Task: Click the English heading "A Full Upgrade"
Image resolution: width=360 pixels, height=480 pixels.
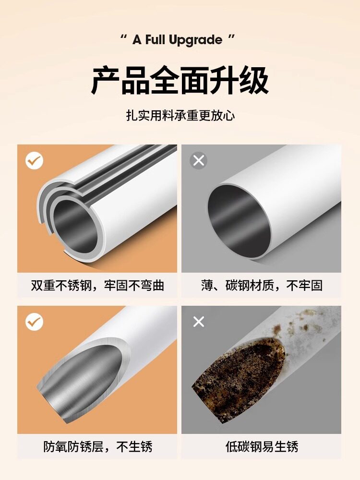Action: tap(177, 40)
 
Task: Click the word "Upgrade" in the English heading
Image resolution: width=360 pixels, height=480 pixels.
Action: tap(196, 41)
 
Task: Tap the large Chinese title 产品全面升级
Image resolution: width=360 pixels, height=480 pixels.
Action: tap(180, 81)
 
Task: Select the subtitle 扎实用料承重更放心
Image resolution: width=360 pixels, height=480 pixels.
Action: tap(180, 116)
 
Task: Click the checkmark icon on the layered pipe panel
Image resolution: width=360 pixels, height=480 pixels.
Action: tap(34, 160)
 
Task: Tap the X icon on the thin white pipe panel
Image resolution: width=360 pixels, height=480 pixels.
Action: tap(199, 160)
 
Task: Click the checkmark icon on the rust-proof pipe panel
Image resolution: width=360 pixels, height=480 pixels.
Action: tap(34, 322)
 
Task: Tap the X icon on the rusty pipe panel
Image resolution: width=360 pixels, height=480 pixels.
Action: tap(199, 322)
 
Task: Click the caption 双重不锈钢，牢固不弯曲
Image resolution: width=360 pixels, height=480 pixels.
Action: tap(97, 285)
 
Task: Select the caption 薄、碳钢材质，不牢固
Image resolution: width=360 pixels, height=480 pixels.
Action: tap(262, 285)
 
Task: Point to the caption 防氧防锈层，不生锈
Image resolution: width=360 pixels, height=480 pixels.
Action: tap(97, 446)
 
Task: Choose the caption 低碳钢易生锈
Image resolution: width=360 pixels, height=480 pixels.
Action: tap(262, 446)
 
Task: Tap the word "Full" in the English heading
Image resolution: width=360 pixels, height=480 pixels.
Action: tap(156, 40)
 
